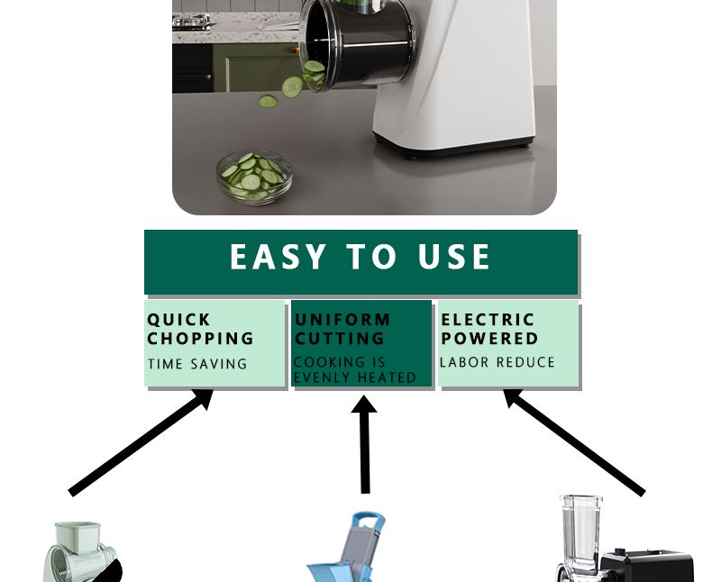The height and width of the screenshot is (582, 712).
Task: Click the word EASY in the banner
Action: tap(278, 257)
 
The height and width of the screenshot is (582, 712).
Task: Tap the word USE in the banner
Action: tap(453, 257)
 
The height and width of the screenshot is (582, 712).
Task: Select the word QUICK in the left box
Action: tap(178, 320)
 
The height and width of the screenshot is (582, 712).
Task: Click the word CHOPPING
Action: tap(200, 338)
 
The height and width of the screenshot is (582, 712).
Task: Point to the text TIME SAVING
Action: tap(197, 364)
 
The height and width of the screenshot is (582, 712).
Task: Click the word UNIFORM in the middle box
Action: tap(342, 320)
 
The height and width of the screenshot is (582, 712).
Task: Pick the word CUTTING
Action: tap(340, 338)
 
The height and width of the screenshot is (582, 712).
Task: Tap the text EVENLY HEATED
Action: tap(354, 377)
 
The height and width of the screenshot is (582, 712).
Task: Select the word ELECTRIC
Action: tap(488, 320)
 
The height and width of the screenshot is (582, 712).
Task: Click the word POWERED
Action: tap(489, 338)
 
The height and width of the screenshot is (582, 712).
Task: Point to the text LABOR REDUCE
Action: tap(497, 362)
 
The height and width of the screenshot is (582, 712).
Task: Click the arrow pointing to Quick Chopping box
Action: tap(141, 442)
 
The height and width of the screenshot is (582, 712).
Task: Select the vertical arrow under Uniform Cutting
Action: tap(365, 444)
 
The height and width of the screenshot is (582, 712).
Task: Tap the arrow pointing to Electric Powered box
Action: tap(574, 442)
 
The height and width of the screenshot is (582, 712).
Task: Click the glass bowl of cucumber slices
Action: tap(255, 177)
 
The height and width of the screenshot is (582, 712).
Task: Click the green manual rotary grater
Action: tap(83, 552)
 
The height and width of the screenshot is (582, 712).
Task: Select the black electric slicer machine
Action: tap(625, 541)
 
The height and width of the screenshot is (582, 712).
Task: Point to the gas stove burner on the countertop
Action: tap(192, 21)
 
